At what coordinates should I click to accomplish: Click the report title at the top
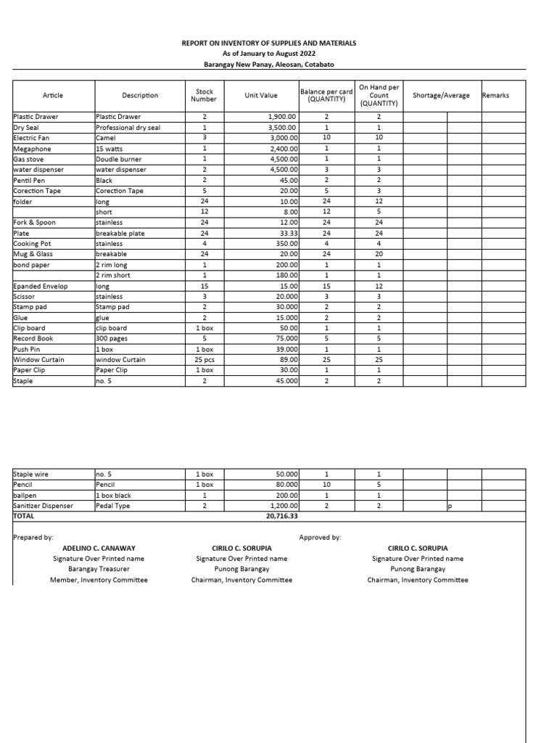[268, 44]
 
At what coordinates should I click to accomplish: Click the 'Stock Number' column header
[204, 95]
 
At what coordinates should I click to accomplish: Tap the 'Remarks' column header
[495, 95]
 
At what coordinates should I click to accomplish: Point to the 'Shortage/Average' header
[441, 95]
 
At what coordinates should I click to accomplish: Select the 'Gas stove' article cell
[30, 158]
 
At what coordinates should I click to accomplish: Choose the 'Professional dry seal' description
[128, 127]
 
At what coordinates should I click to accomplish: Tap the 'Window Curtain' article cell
[39, 359]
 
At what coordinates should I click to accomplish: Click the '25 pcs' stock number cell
[205, 359]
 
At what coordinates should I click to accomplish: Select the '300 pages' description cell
[112, 338]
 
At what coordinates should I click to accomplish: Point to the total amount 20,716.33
[282, 516]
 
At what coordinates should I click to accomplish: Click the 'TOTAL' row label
[25, 516]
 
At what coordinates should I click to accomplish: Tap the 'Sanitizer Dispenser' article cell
[44, 506]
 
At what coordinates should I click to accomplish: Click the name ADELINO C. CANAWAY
[98, 549]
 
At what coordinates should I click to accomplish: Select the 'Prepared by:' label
[33, 538]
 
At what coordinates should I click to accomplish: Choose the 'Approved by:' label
[320, 538]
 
